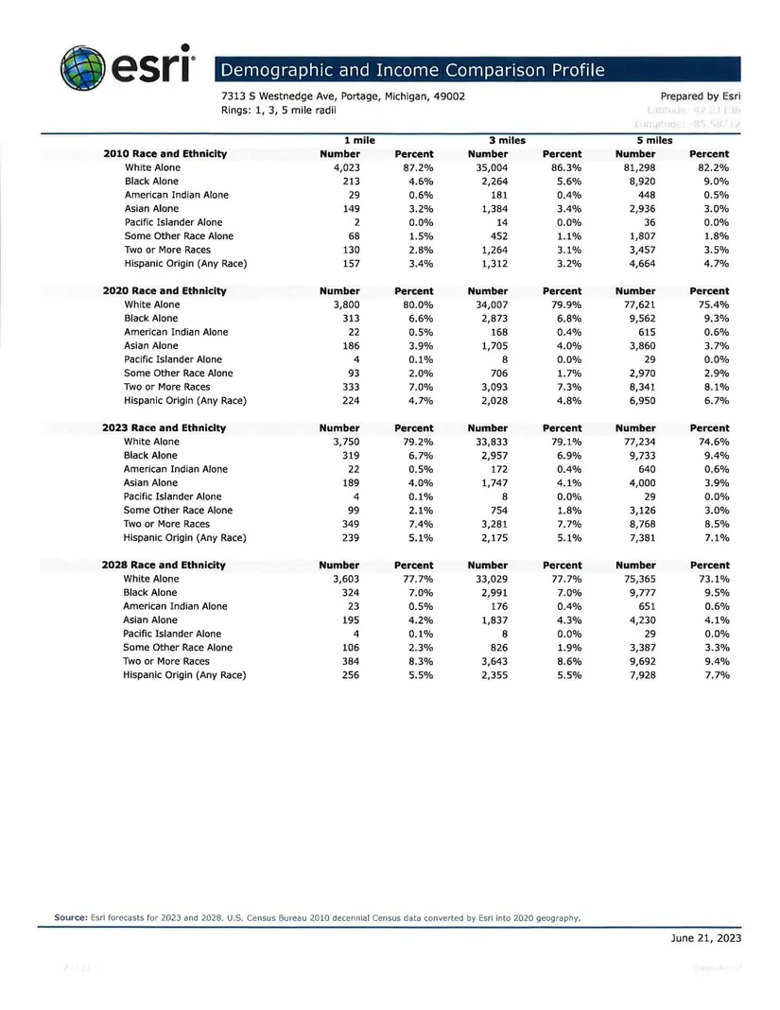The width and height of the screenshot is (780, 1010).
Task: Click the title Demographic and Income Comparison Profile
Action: coord(412,70)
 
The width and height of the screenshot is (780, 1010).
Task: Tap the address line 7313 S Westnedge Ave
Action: coord(342,96)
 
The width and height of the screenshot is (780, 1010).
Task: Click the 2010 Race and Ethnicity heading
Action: coord(165,154)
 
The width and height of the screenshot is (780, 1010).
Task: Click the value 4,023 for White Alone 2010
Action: coord(347,167)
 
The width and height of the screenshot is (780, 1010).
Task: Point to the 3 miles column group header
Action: coord(506,140)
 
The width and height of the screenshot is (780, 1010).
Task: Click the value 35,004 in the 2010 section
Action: coord(488,167)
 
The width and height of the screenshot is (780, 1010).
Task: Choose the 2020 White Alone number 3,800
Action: coord(347,305)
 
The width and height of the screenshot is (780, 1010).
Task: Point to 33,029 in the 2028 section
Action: coord(488,579)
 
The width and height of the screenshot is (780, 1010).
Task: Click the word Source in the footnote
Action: coord(70,917)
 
